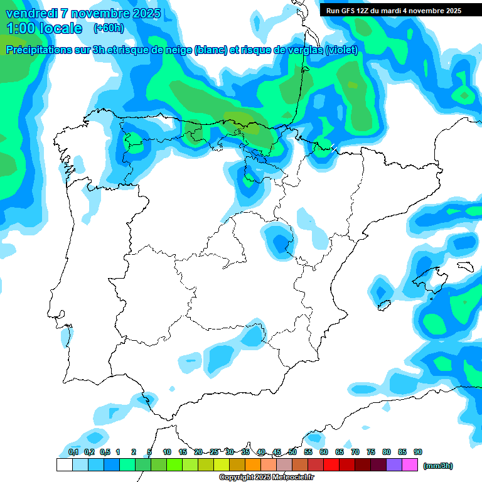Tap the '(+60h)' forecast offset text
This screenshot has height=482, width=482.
(x=109, y=28)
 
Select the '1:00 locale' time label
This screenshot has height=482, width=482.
(x=44, y=28)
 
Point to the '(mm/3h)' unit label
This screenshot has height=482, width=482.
(x=437, y=466)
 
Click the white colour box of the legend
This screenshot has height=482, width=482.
(x=64, y=465)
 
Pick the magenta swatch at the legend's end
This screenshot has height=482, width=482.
(x=410, y=465)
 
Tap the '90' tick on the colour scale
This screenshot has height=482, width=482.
(x=417, y=452)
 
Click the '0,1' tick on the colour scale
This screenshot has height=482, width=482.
(x=73, y=452)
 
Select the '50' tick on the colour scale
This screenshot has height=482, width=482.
(x=292, y=452)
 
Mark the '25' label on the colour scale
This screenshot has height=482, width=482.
(x=214, y=452)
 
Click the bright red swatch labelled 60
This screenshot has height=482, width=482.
(x=331, y=465)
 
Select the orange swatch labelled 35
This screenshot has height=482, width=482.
(x=252, y=465)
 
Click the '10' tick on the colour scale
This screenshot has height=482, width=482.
(x=167, y=452)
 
